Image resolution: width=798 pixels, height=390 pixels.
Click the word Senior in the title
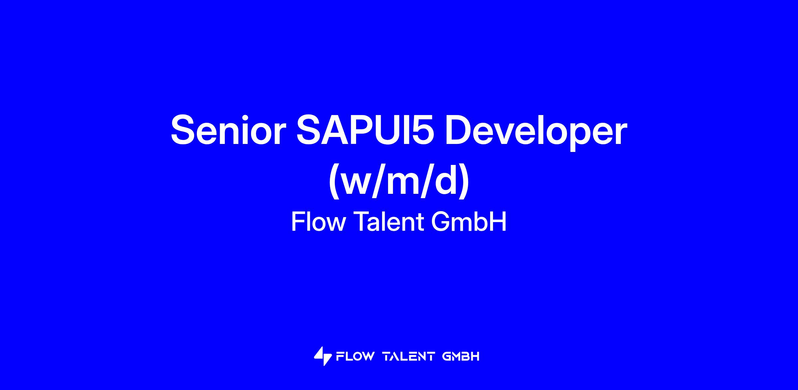[x=228, y=130]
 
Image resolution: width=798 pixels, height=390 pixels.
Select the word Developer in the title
[x=536, y=132]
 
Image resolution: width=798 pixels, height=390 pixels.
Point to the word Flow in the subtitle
[x=319, y=222]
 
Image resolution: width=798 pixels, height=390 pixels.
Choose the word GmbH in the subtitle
[x=469, y=222]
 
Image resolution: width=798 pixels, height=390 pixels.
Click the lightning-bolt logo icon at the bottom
[x=323, y=356]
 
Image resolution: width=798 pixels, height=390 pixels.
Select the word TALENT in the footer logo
[x=409, y=357]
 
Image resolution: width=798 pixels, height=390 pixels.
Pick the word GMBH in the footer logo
[x=461, y=357]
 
